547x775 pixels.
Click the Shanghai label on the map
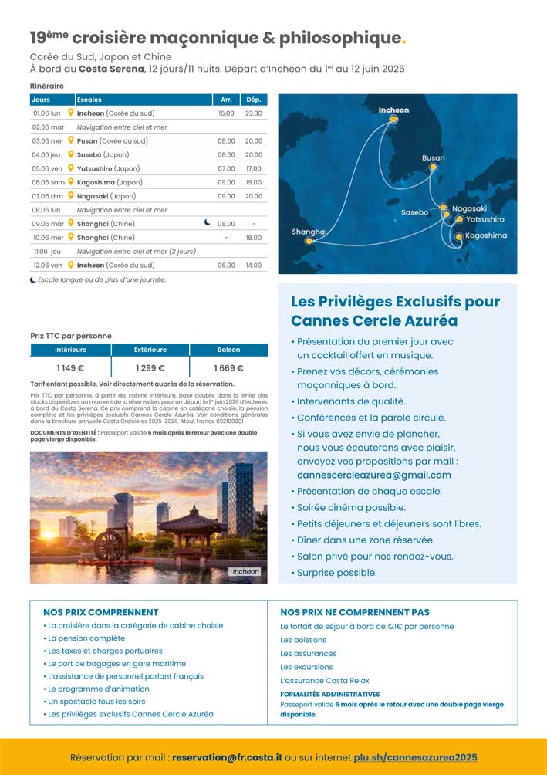pos(309,232)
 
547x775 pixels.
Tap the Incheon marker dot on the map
pos(393,120)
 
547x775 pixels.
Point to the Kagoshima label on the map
pos(486,235)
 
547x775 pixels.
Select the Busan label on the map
pos(433,158)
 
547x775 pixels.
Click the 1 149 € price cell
pos(70,368)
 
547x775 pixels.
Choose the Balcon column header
pos(229,350)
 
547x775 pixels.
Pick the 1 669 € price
pos(229,368)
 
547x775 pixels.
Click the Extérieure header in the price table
pos(150,350)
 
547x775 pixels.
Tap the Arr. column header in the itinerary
pos(226,100)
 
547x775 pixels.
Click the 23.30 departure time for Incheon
pos(253,113)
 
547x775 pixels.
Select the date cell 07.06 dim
pos(48,196)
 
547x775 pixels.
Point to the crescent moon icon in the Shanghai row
pos(207,222)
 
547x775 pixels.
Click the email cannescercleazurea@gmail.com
pos(374,475)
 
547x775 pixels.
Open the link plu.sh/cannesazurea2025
pos(415,757)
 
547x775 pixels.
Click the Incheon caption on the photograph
pos(245,572)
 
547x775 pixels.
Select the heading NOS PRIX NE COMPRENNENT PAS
pos(355,612)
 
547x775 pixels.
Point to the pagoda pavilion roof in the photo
pos(188,517)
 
